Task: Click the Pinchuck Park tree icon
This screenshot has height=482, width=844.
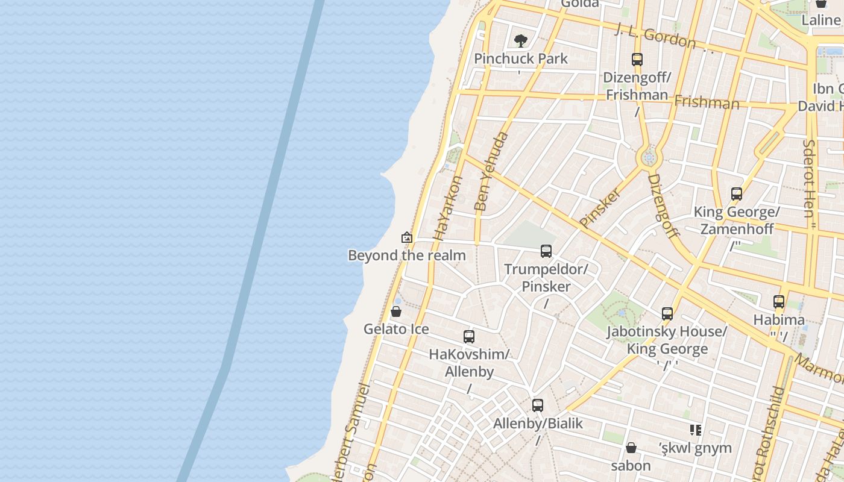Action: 521,41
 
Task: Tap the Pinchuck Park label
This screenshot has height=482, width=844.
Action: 521,58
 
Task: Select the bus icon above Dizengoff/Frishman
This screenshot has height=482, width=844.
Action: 637,60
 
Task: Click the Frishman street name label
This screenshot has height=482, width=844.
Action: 707,102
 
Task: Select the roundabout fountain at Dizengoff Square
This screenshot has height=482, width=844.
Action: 649,158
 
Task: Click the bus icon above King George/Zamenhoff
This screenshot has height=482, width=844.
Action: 737,194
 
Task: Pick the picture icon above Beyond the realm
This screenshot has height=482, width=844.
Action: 407,237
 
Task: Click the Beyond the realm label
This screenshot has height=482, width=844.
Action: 407,255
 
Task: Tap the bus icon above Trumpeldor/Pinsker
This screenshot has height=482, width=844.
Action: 546,251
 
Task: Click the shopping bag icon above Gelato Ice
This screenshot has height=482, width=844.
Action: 396,311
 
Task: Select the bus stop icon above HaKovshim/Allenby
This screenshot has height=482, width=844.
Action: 469,337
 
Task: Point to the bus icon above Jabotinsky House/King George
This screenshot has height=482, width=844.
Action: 667,314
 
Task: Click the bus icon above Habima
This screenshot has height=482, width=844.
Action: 779,302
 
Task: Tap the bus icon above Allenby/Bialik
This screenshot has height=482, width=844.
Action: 538,405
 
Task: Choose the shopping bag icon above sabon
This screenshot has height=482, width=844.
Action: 631,448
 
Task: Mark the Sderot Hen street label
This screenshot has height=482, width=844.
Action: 809,181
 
